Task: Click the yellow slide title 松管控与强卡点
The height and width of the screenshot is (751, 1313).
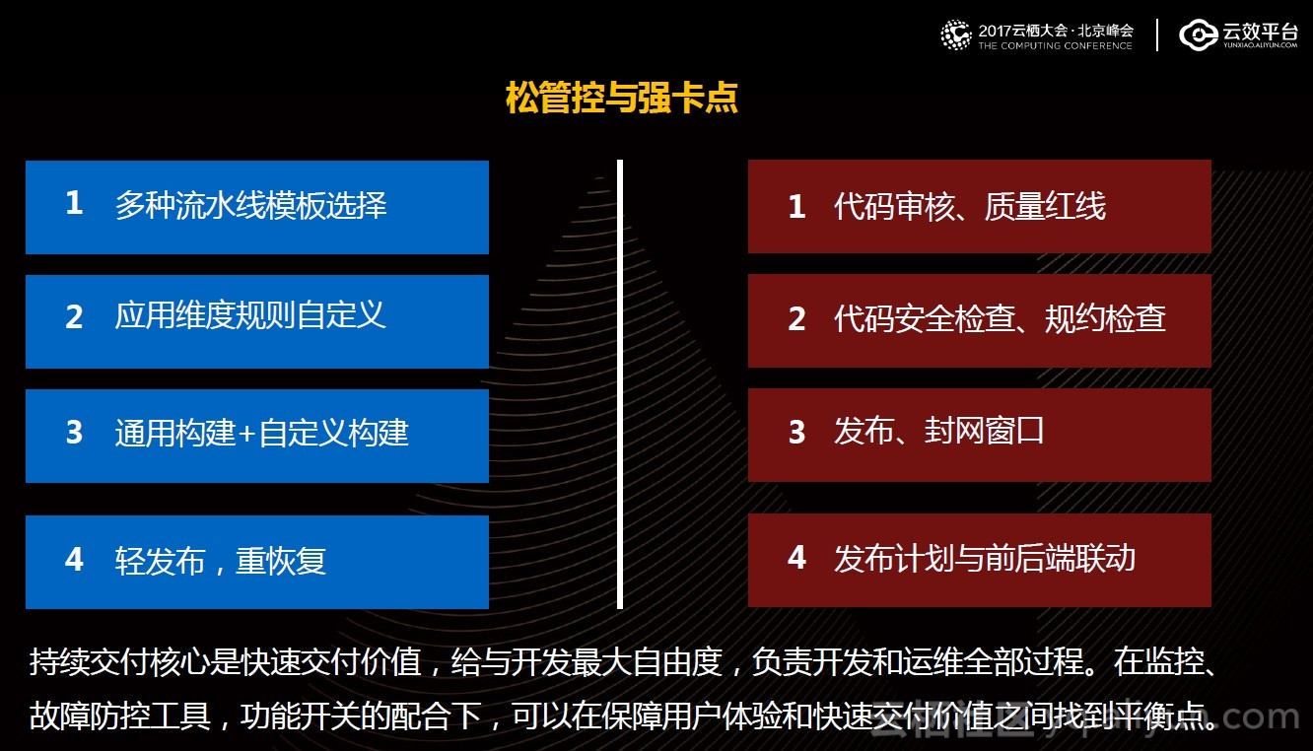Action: point(622,97)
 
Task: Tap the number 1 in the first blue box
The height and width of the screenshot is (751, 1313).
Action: point(74,203)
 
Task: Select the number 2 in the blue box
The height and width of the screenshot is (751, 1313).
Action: point(74,317)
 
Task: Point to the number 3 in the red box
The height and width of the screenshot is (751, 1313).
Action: point(796,432)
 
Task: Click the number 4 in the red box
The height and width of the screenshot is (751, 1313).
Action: point(796,557)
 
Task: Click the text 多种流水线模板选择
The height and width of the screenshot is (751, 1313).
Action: point(251,205)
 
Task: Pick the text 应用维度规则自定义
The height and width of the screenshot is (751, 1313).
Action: point(250,315)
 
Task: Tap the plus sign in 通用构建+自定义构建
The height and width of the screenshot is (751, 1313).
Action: point(246,434)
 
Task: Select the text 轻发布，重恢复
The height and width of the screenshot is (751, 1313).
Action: point(221,561)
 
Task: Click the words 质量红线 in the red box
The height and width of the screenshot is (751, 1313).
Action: point(1045,206)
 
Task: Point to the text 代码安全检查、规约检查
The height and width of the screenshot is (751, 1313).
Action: point(1000,318)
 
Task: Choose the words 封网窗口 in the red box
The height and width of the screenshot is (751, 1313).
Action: point(984,431)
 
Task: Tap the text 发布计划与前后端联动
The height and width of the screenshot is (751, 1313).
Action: point(985,558)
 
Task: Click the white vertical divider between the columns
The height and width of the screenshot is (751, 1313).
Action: point(620,384)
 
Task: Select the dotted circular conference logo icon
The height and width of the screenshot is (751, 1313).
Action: point(956,34)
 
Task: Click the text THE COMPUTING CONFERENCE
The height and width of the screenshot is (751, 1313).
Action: point(1055,45)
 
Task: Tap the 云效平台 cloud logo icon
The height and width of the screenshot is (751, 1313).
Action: point(1198,34)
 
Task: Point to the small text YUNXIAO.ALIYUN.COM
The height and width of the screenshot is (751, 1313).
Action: point(1260,45)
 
